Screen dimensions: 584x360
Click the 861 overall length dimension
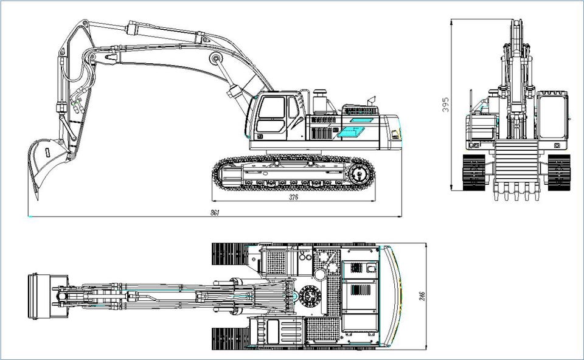point(215,213)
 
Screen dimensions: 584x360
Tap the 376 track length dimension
point(293,197)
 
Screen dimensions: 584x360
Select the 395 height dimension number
point(445,105)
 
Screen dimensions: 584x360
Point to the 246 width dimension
point(422,297)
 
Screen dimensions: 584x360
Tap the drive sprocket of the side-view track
point(359,175)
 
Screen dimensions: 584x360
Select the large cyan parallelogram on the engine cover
point(351,132)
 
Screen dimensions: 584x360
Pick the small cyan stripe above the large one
point(361,120)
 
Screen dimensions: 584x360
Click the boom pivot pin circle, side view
point(215,58)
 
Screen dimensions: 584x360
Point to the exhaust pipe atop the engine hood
point(372,100)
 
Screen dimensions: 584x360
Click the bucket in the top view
point(39,296)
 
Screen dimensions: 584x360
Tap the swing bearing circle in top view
point(310,296)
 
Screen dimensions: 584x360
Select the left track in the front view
point(474,172)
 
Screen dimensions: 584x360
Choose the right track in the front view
point(559,172)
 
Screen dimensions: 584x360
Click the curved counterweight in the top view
point(394,296)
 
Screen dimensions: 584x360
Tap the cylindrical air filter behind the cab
point(320,102)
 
